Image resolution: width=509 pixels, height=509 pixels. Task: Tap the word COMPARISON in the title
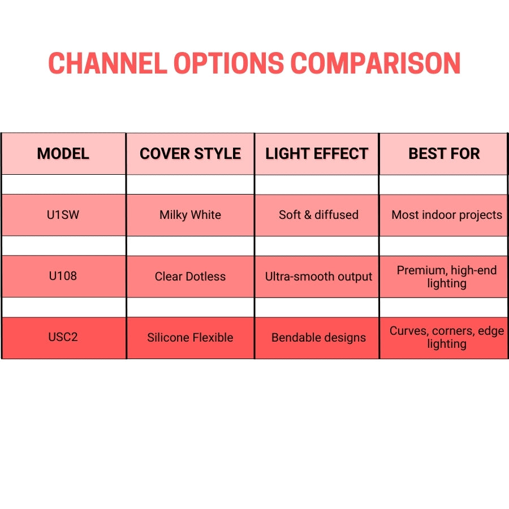(x=375, y=63)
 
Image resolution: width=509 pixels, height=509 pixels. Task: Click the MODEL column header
(x=63, y=154)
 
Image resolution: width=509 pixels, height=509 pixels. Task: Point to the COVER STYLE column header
(x=190, y=154)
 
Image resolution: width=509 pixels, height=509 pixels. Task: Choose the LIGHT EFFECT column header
(x=317, y=154)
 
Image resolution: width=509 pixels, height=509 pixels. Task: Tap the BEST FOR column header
(x=444, y=154)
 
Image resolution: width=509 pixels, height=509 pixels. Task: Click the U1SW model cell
(x=63, y=215)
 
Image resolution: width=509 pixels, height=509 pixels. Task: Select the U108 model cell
(x=63, y=276)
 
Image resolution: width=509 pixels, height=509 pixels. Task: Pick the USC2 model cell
(x=63, y=337)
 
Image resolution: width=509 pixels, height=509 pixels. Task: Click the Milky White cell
(x=190, y=215)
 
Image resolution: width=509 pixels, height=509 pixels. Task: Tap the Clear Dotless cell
(x=190, y=277)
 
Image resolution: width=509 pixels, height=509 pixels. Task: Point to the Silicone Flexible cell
(x=190, y=338)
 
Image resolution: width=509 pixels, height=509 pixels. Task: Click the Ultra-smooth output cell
(x=318, y=277)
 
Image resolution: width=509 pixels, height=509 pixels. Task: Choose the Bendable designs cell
(x=318, y=338)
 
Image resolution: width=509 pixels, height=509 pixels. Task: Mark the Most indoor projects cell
(x=447, y=215)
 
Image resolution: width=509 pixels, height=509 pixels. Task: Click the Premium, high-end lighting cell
(x=447, y=277)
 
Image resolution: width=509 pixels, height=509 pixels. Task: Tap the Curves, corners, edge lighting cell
(x=447, y=338)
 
